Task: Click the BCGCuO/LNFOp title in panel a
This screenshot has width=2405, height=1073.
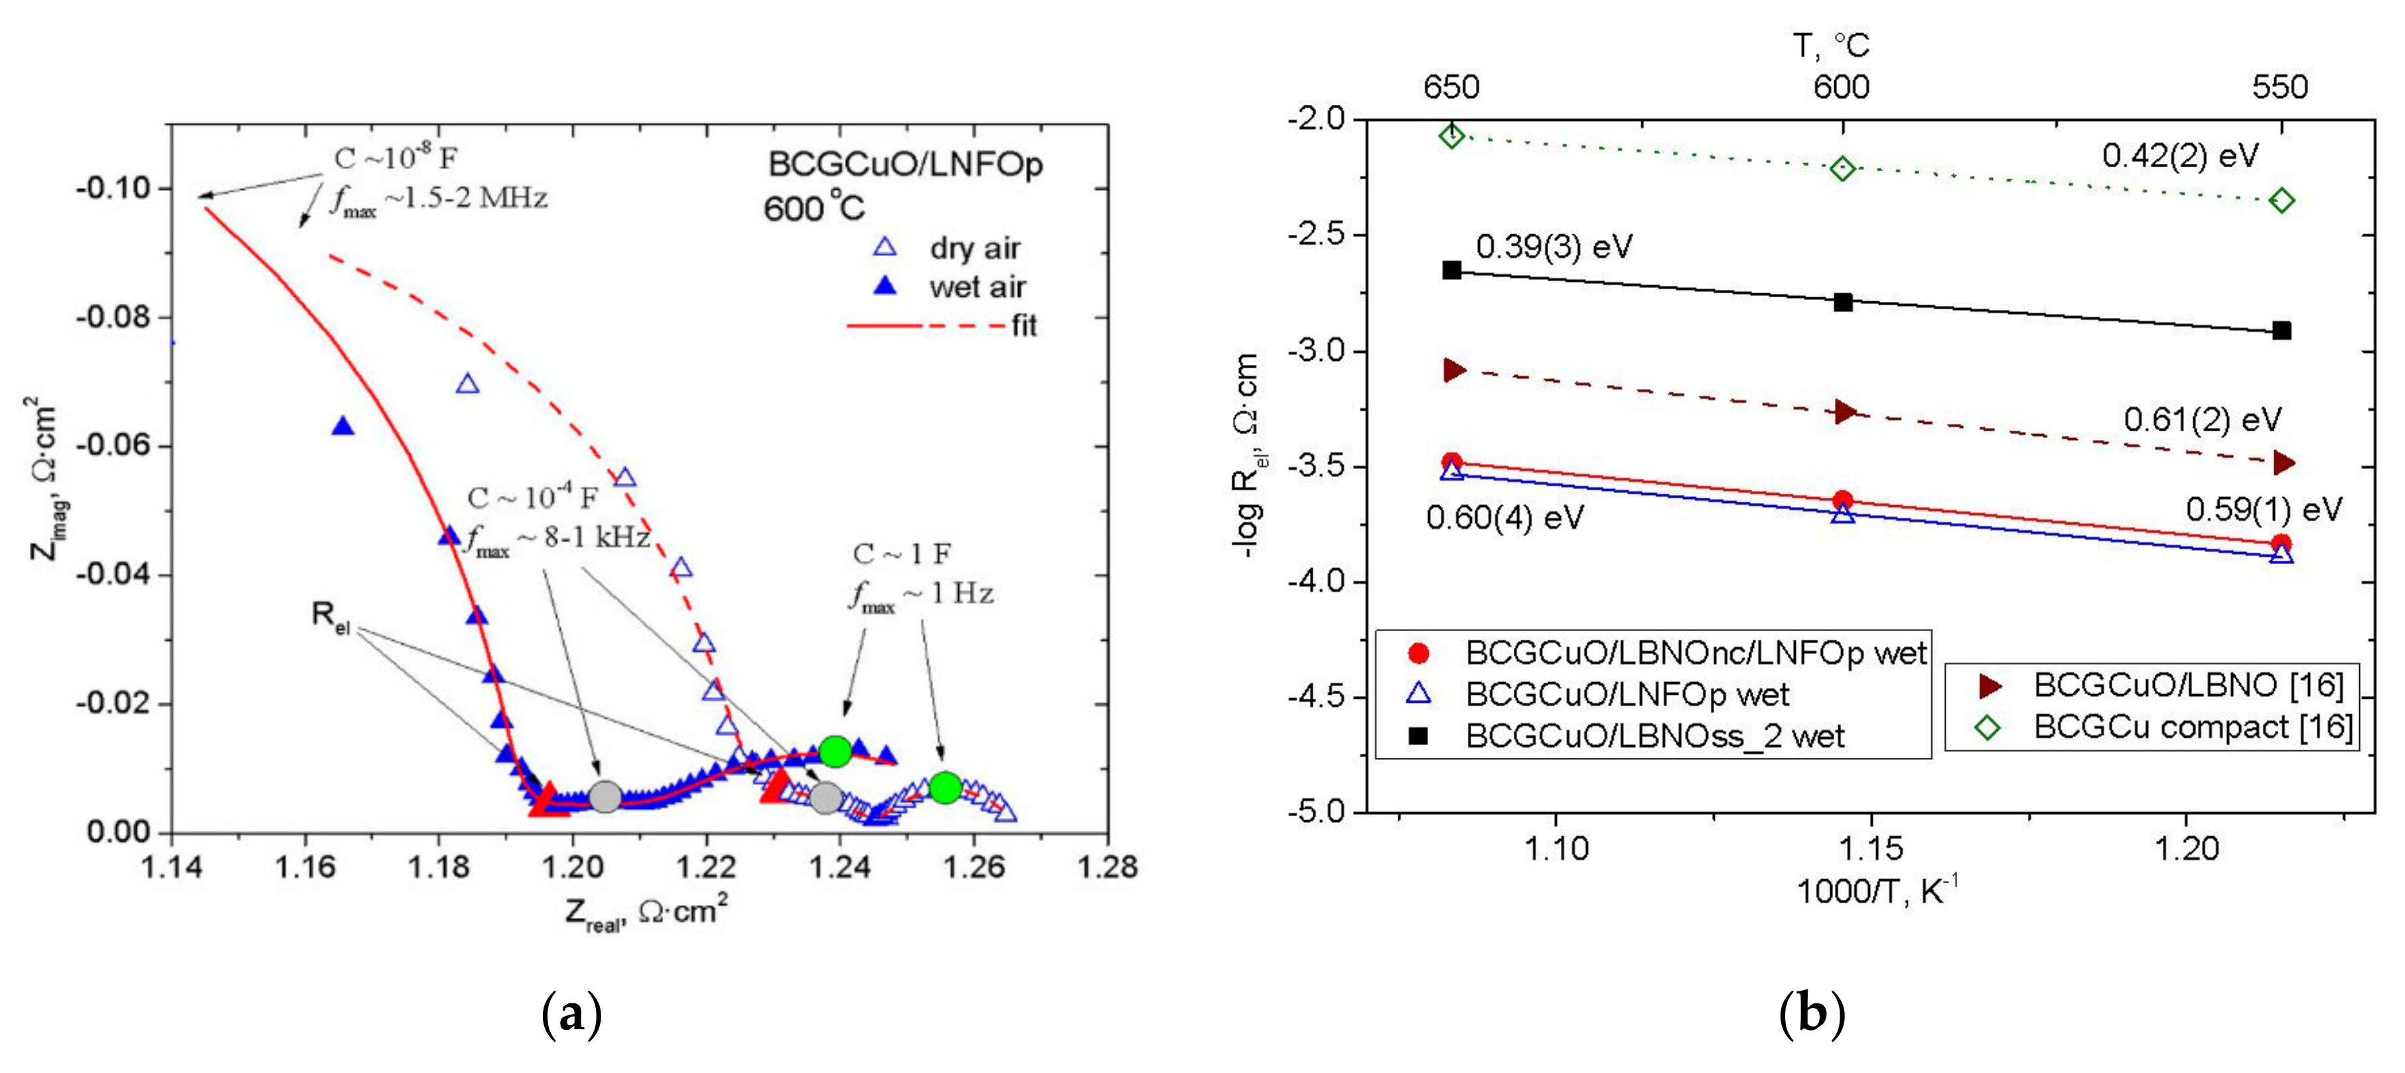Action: [904, 165]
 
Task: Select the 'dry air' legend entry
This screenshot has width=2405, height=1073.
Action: [974, 248]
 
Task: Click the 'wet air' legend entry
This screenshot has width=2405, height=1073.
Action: [977, 287]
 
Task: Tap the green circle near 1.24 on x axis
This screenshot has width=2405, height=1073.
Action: [835, 750]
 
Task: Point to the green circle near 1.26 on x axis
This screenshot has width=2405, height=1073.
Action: [945, 787]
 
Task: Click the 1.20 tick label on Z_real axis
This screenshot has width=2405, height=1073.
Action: [571, 867]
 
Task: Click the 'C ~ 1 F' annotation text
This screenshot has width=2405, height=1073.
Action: [901, 554]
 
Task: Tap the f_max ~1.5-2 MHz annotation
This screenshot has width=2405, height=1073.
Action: [439, 200]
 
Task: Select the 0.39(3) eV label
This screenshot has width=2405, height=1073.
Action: [1554, 248]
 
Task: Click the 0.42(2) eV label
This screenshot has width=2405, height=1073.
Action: [2179, 156]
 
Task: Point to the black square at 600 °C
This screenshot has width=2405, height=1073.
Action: [1843, 302]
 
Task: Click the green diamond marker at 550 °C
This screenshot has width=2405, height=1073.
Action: [2281, 201]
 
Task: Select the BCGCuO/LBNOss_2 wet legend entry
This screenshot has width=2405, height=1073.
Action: [1654, 736]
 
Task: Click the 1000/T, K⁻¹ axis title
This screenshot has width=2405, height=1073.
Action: [1877, 892]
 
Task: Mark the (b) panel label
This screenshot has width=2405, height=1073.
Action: [1811, 1014]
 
